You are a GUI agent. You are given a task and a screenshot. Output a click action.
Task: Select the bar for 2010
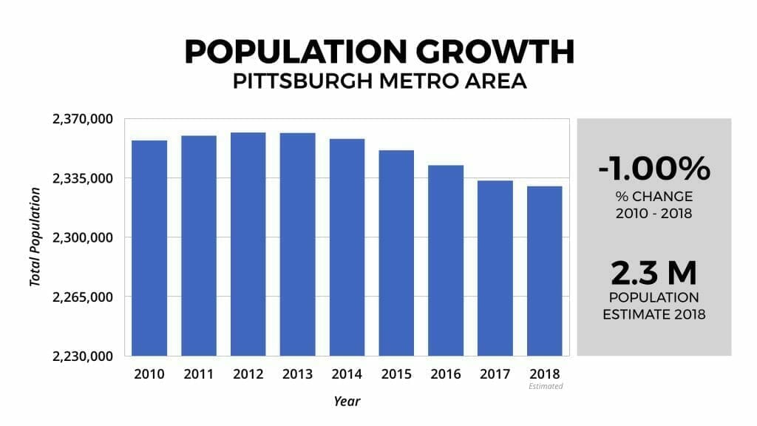(149, 248)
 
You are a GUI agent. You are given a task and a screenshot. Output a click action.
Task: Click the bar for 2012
(248, 244)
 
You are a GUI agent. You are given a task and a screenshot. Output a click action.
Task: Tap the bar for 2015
(396, 253)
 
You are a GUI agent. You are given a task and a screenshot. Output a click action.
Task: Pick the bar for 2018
(545, 271)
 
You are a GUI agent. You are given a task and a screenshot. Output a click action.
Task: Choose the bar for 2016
(446, 260)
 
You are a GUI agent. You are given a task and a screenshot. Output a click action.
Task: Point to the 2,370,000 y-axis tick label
(81, 119)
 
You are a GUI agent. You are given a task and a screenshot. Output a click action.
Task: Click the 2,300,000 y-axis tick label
(81, 237)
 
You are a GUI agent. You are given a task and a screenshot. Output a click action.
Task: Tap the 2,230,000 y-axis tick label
(81, 356)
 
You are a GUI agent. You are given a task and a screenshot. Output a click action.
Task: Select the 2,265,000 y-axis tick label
(81, 297)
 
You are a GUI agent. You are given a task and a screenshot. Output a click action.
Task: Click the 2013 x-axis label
(297, 374)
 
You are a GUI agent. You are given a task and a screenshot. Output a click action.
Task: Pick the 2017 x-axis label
(495, 374)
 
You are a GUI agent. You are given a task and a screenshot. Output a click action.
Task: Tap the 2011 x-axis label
(199, 374)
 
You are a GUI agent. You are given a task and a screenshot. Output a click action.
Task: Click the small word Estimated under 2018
(546, 386)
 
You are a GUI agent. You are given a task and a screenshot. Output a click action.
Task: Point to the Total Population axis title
(35, 237)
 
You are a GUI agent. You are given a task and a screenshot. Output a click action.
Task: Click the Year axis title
(346, 402)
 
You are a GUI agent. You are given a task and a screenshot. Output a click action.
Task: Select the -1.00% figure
(654, 169)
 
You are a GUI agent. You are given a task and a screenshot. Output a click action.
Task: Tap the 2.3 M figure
(654, 273)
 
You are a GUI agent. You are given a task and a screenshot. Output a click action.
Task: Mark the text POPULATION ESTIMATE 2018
(654, 305)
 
